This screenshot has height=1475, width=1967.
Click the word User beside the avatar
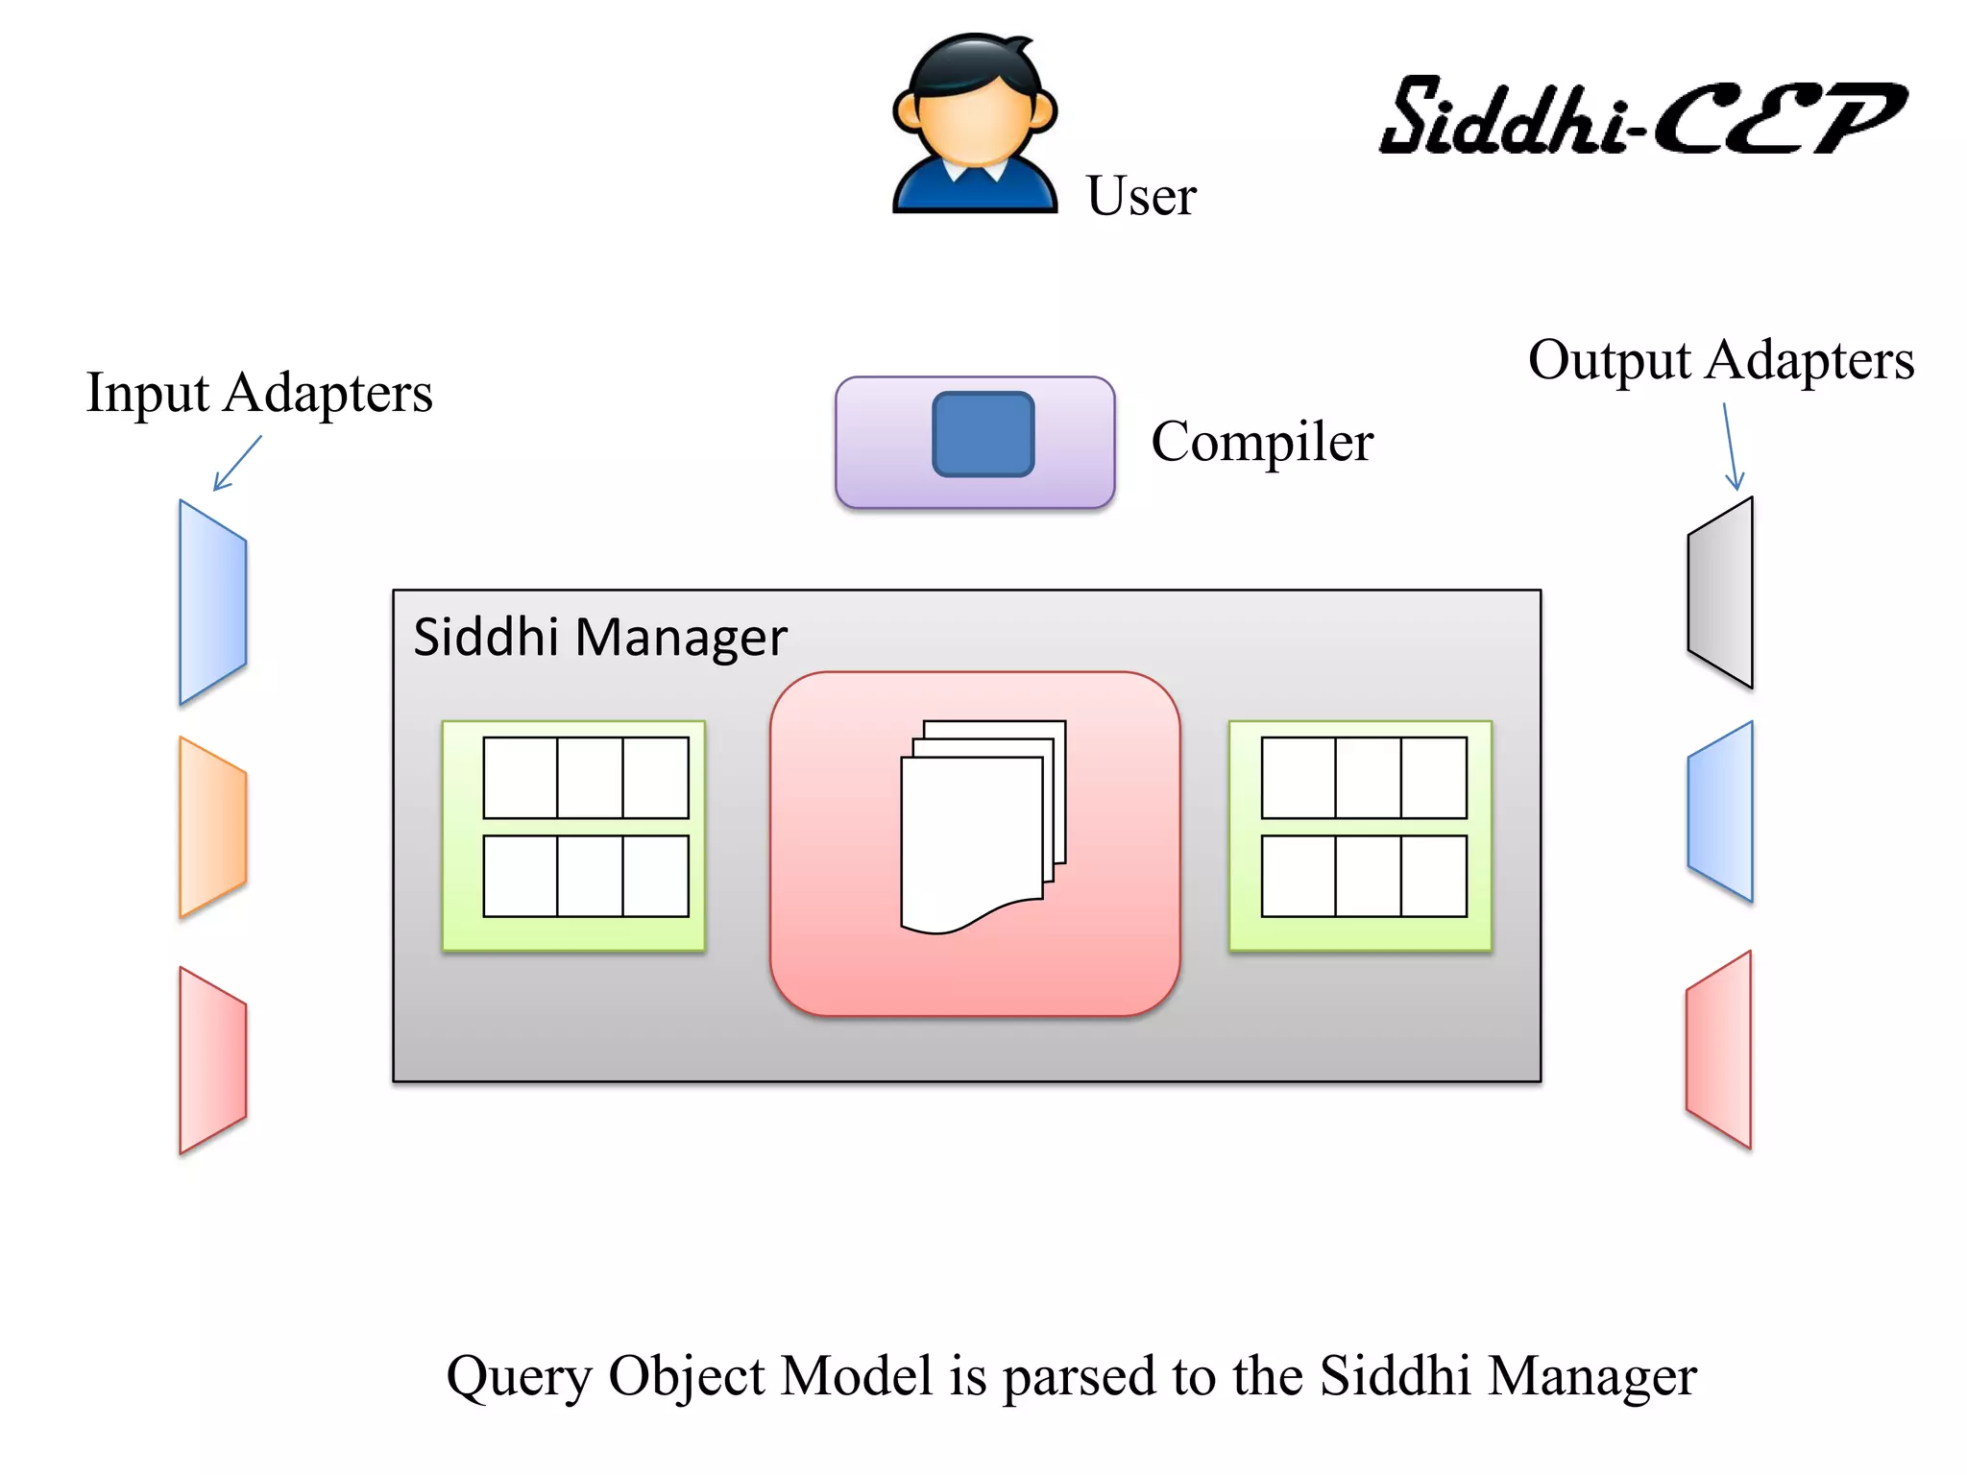tap(1140, 196)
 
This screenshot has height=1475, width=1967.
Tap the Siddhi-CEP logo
tap(1641, 117)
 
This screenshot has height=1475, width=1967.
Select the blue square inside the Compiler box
tap(983, 434)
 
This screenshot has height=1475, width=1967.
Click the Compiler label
tap(1261, 442)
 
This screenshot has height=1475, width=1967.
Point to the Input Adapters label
tap(259, 394)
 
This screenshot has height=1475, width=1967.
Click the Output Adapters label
tap(1720, 361)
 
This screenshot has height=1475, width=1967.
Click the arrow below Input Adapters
tap(236, 464)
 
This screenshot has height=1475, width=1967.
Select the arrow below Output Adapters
tap(1731, 447)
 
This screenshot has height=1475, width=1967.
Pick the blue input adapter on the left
tap(212, 603)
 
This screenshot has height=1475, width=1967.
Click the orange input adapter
tap(212, 828)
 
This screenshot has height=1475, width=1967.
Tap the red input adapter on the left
tap(212, 1060)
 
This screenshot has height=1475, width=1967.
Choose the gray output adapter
tap(1721, 592)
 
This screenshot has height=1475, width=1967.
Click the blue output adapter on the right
tap(1721, 811)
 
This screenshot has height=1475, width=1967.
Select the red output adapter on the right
tap(1719, 1051)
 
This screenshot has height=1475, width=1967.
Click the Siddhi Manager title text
tap(599, 638)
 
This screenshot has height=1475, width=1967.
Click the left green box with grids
tap(573, 835)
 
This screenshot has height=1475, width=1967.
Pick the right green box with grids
tap(1360, 835)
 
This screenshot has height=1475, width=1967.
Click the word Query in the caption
tap(519, 1377)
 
